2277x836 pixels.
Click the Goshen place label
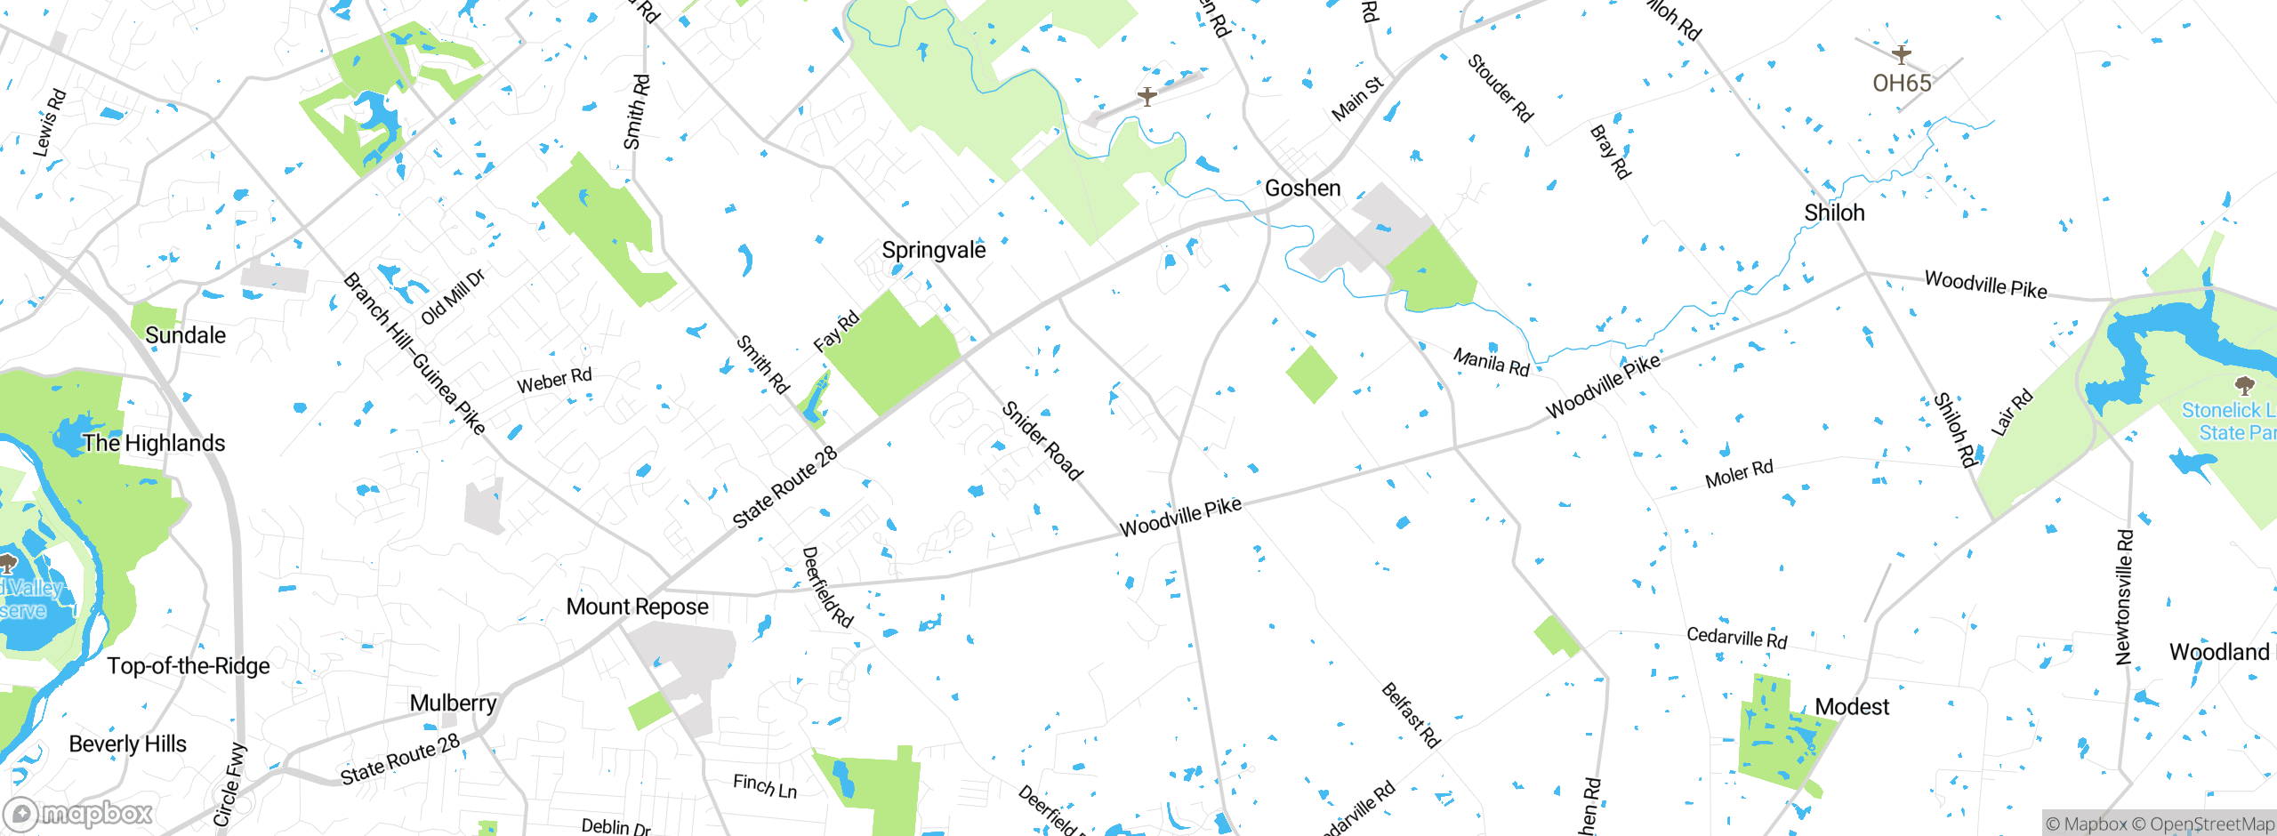coord(1302,189)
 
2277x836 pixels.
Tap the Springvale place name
coord(933,250)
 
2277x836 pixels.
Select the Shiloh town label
coord(1834,213)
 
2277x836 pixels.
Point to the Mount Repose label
coord(637,607)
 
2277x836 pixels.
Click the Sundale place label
coord(185,335)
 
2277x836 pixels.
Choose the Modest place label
coord(1851,707)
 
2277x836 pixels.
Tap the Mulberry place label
coord(453,703)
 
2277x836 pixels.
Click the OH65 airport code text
coord(1902,84)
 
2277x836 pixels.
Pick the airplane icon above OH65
coord(1901,55)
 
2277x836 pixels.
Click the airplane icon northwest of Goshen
coord(1147,95)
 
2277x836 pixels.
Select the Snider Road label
coord(1042,441)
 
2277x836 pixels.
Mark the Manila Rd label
coord(1491,362)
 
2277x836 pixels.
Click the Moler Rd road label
coord(1738,474)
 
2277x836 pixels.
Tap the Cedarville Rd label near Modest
coord(1736,638)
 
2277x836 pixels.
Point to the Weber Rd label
coord(554,382)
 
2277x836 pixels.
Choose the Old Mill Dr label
coord(453,297)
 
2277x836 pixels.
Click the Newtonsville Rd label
coord(2124,597)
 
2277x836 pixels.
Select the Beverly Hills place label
coord(127,744)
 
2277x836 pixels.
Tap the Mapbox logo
coord(78,813)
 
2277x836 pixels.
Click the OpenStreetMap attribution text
coord(2209,824)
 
